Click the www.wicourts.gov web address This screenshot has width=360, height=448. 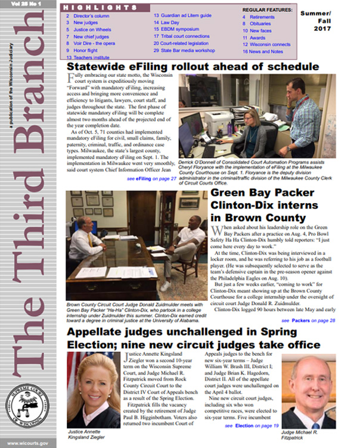(29, 442)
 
